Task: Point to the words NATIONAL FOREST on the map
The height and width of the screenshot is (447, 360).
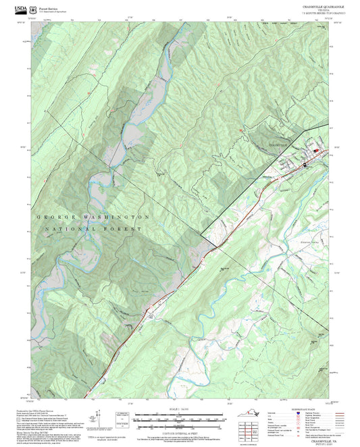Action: pos(93,230)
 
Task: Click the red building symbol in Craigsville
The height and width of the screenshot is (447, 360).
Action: pos(314,149)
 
